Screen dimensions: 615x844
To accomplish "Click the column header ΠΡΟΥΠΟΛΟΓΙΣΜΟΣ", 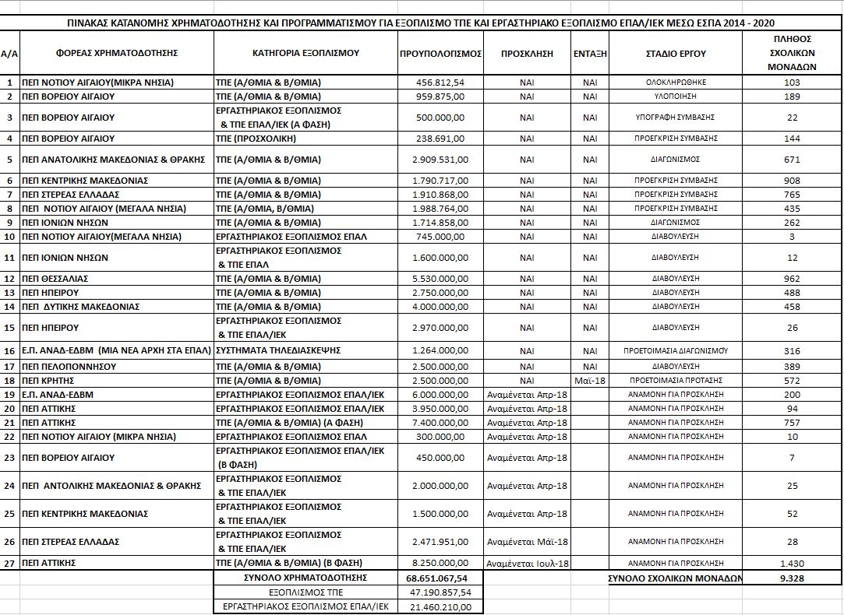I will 440,54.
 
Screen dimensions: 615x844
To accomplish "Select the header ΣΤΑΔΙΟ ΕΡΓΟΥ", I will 676,54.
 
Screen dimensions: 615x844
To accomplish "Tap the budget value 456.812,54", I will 441,83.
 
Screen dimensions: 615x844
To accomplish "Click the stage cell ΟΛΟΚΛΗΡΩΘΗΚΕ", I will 676,83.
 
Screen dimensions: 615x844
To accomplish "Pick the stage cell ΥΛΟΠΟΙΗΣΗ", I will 676,97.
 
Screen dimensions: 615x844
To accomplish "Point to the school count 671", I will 793,160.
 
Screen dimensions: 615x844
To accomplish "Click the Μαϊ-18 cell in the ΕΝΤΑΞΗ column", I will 590,381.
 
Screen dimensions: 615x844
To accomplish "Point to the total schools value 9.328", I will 793,578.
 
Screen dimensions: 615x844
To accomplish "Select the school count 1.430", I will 793,563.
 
